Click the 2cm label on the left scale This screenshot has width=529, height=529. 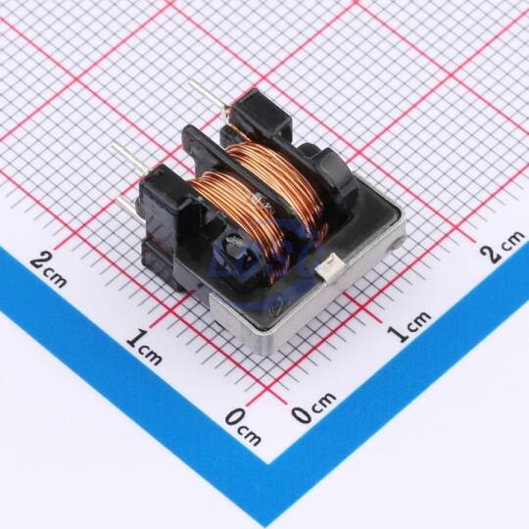pos(48,269)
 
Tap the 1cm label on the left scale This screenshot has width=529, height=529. pos(144,348)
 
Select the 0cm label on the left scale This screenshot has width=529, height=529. pos(243,426)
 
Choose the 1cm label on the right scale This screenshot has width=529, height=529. pos(409,326)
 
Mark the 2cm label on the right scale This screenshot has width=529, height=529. pos(503,246)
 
